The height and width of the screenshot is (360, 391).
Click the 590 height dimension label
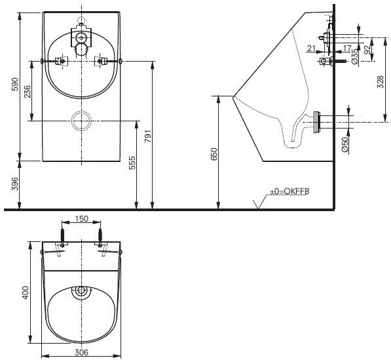(16, 84)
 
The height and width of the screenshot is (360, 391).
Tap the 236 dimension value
(28, 92)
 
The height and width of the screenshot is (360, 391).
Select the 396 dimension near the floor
(16, 184)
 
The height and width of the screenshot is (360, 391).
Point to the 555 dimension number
(132, 163)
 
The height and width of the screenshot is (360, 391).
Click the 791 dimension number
(148, 136)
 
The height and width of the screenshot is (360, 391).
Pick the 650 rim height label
(214, 154)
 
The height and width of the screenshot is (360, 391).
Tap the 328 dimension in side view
(381, 82)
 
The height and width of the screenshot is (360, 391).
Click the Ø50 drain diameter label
(345, 145)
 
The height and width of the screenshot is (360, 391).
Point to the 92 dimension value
(367, 50)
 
